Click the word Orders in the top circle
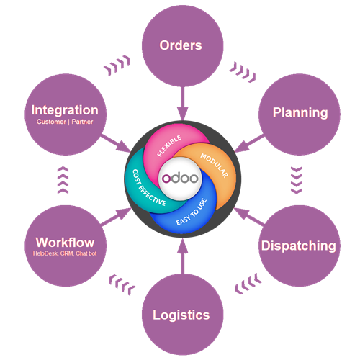[181, 45]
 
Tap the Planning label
[300, 112]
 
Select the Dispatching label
[299, 246]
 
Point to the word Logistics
[181, 315]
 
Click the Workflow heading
[65, 243]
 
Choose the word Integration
[65, 110]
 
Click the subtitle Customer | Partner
[65, 122]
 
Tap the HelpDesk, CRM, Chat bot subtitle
[65, 253]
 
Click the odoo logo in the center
[180, 178]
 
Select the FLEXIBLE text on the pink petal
[169, 145]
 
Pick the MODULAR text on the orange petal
[214, 166]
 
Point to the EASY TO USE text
[192, 212]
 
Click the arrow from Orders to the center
[183, 103]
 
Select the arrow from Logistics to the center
[183, 256]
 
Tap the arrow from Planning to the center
[250, 143]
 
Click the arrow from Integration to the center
[116, 143]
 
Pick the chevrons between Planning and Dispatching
[297, 180]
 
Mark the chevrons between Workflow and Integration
[63, 180]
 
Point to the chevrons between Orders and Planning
[243, 72]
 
